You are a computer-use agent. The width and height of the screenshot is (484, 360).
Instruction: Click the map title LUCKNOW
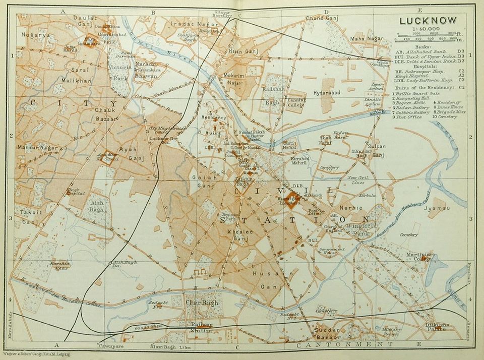[x=428, y=21]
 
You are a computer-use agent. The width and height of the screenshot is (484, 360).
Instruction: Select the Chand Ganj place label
[x=321, y=19]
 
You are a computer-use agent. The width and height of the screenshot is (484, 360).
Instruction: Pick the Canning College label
[x=297, y=103]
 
